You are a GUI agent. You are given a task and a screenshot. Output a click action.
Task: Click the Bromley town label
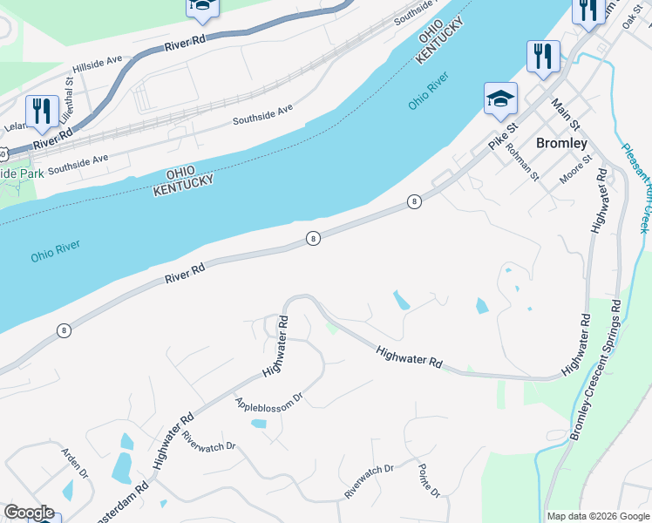561,142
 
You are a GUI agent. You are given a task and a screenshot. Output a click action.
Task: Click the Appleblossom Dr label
268,399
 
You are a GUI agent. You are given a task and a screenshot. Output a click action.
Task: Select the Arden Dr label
74,463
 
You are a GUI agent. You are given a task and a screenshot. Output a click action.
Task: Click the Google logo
28,513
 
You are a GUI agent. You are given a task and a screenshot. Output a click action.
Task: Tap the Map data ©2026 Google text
597,516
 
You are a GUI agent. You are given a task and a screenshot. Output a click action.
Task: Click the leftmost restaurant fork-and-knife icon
42,112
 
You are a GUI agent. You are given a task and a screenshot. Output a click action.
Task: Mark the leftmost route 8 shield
64,330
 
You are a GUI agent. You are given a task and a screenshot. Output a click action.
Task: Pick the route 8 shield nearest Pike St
414,202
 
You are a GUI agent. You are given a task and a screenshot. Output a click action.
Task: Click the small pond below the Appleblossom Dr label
259,424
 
